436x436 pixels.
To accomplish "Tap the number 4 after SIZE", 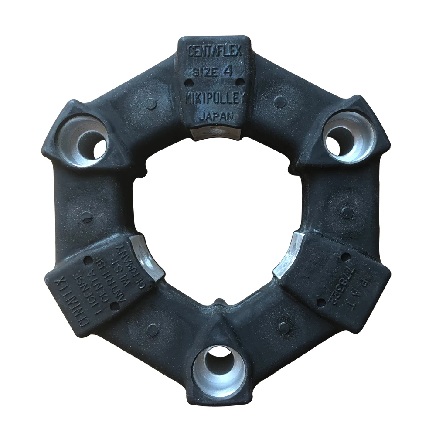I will (227, 71).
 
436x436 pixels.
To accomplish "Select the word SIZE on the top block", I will (204, 72).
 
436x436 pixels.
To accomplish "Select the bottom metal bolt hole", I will (219, 369).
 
